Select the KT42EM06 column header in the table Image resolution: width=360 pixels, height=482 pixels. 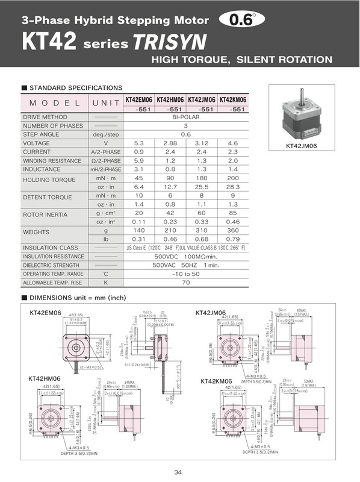139,100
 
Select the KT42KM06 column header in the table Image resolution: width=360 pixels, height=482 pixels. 234,100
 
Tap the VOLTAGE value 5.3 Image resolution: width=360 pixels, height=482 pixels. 139,143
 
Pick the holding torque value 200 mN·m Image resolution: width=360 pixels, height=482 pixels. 234,178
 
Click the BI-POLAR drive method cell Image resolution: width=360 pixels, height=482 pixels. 186,117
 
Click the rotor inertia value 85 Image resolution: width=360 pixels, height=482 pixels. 234,213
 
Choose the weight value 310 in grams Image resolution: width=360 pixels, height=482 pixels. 202,231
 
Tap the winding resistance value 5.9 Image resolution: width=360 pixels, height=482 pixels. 139,161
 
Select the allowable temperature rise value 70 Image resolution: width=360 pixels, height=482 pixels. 186,282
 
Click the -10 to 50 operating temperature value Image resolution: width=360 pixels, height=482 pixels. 186,274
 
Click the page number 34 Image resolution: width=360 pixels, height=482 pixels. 178,472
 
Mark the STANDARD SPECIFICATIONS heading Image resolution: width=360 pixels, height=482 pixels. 75,88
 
